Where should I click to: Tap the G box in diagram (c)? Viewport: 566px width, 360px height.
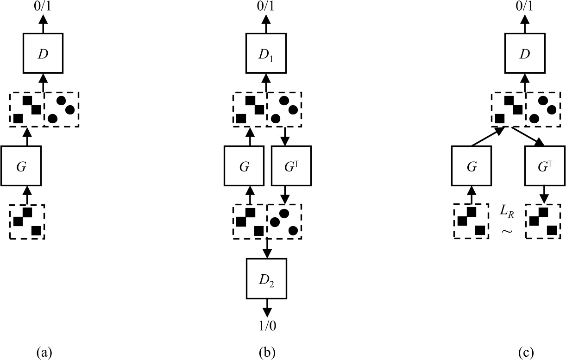472,165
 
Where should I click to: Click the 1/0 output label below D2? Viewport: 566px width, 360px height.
267,326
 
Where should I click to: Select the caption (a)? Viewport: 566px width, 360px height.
44,353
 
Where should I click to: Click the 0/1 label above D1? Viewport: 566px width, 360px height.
266,7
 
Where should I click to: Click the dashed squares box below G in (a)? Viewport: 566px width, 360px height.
27,221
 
